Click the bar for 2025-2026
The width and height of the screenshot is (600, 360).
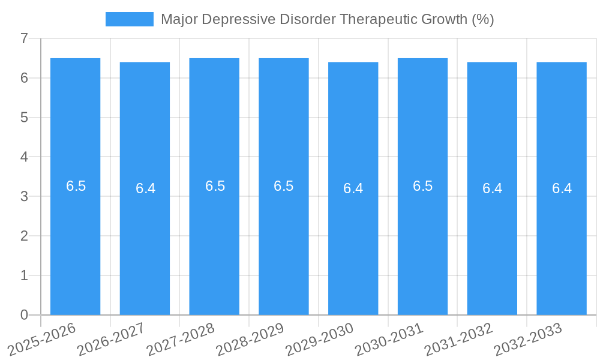[x=75, y=240]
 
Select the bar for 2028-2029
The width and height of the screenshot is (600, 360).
[x=284, y=240]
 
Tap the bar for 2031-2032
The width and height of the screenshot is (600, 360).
[x=492, y=240]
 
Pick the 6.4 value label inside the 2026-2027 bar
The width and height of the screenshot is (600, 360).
[x=145, y=188]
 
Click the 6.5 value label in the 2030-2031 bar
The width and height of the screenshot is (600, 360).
[x=422, y=186]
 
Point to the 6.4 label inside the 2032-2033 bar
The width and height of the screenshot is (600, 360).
[x=562, y=188]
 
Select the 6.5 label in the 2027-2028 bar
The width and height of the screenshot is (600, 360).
[x=215, y=186]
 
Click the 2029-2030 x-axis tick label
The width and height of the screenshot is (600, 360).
[x=320, y=339]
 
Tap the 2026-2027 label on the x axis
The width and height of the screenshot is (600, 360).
[x=112, y=339]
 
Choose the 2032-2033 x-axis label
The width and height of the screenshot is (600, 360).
[x=528, y=339]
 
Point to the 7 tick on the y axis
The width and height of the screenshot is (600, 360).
[x=25, y=39]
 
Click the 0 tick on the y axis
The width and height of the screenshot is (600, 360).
[x=25, y=315]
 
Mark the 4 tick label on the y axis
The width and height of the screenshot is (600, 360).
[x=25, y=157]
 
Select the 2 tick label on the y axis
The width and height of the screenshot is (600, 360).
[x=25, y=236]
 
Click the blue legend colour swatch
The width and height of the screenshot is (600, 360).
[x=129, y=19]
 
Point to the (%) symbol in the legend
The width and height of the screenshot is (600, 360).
[x=482, y=19]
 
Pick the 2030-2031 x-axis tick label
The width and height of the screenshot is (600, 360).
[x=389, y=339]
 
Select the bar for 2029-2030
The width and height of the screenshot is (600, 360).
[x=353, y=240]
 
